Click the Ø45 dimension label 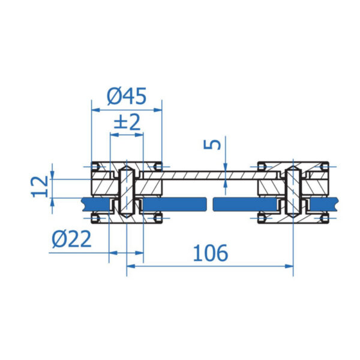click(x=127, y=96)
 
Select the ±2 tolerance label click(x=127, y=122)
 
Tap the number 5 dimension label click(x=212, y=144)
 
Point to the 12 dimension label click(x=40, y=187)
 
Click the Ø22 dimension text click(x=71, y=239)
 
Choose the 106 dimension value click(x=211, y=253)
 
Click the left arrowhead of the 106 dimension click(x=131, y=266)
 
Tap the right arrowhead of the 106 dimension click(x=289, y=266)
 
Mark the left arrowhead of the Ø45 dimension click(x=95, y=110)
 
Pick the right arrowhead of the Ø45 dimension click(x=158, y=110)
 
